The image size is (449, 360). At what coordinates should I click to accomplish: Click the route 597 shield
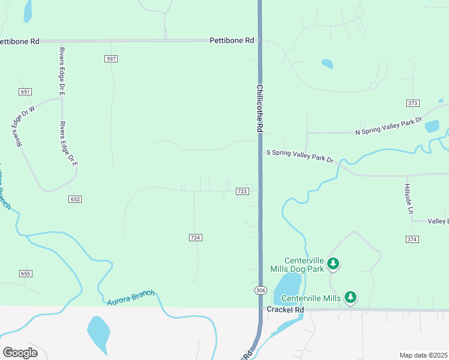[110, 59]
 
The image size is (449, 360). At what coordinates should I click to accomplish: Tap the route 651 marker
[25, 92]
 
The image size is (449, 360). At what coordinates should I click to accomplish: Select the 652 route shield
[75, 199]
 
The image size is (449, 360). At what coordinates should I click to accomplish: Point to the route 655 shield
[25, 274]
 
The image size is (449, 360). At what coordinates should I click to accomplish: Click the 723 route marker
[242, 191]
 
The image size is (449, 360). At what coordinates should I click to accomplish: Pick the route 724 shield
[195, 238]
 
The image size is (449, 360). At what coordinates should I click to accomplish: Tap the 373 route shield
[412, 103]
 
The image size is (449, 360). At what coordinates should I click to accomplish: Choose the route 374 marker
[412, 239]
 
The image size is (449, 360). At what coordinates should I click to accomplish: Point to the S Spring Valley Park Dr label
[300, 156]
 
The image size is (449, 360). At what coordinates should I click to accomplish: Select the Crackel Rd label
[286, 310]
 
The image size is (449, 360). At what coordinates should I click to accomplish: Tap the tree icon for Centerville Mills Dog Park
[334, 263]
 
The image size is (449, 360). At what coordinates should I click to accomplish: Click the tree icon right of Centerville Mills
[351, 297]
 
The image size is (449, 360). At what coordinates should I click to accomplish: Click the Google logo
[20, 353]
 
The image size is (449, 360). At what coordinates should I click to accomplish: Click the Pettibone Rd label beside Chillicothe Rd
[232, 40]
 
